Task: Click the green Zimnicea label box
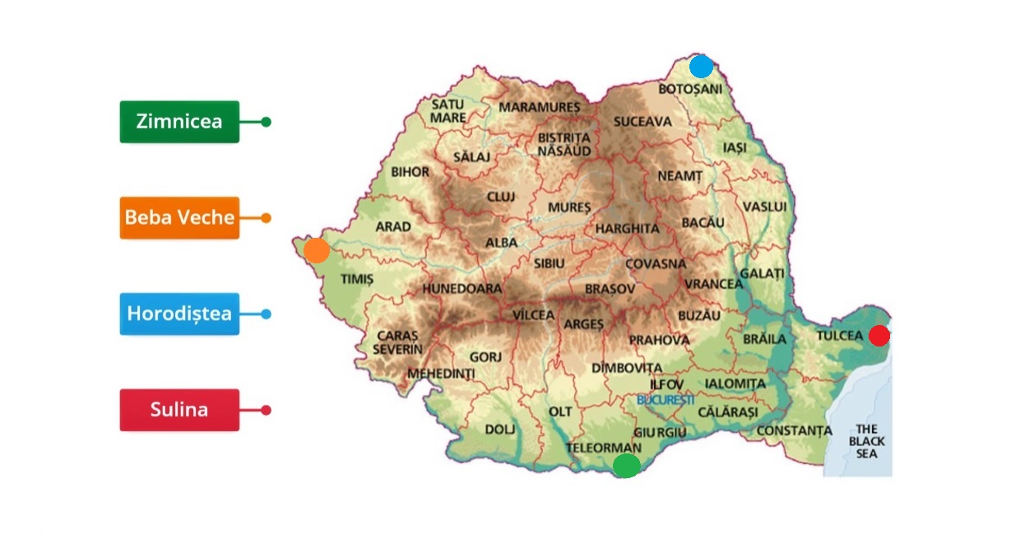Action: point(179,122)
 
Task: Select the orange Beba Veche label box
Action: point(179,218)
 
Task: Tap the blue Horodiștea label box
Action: point(179,314)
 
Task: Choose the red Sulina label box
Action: point(179,410)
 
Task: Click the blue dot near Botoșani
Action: point(701,66)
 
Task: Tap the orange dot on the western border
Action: point(317,250)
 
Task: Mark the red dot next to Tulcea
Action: point(879,335)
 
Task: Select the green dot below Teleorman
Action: point(627,466)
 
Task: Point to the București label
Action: point(665,399)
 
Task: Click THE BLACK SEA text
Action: point(867,441)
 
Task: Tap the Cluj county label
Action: point(500,197)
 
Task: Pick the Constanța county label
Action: point(794,430)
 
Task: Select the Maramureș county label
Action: point(539,108)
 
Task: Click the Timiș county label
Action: point(357,280)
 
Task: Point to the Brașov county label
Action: point(610,290)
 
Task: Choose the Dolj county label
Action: point(499,430)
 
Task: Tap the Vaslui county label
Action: point(764,206)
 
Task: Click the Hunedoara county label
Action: point(461,290)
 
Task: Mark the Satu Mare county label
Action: point(448,111)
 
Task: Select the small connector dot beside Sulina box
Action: point(266,410)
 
